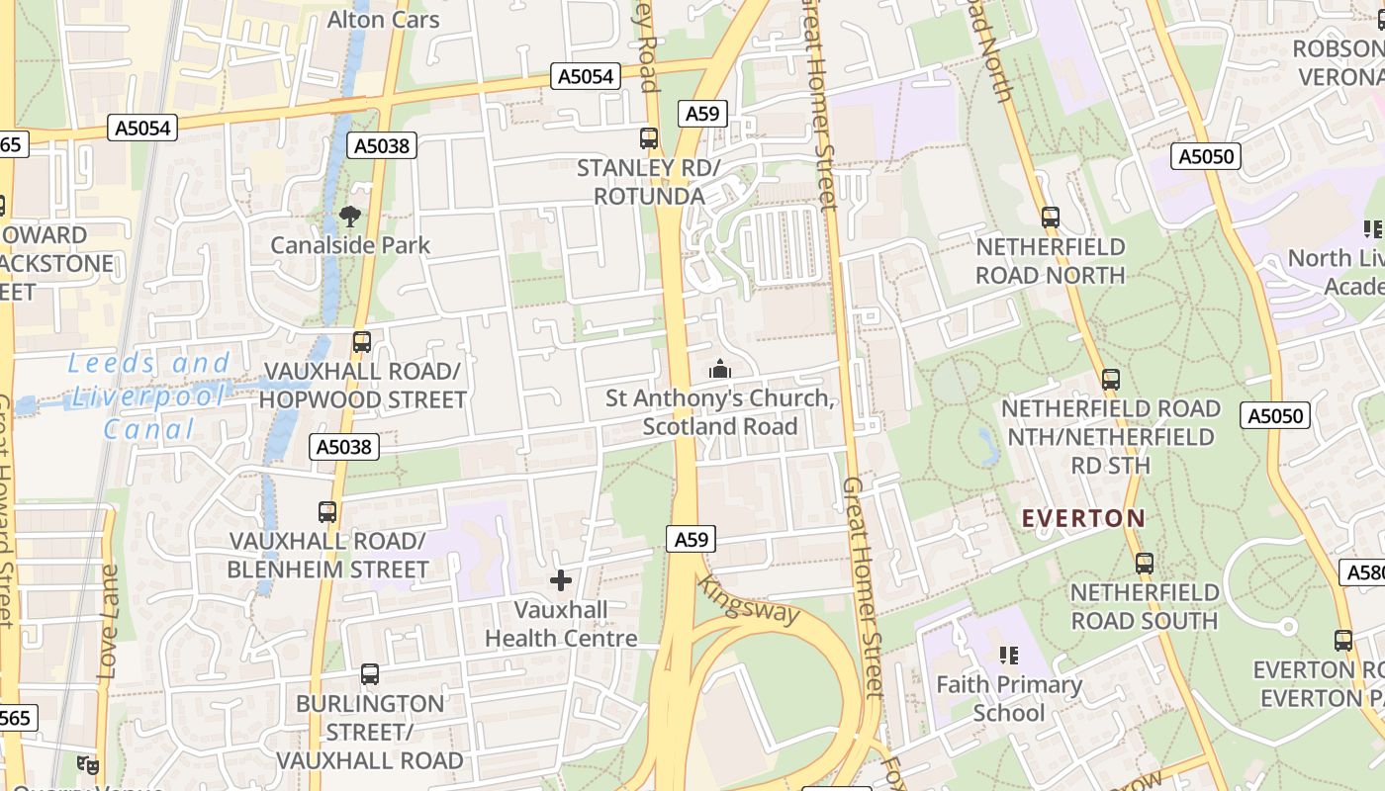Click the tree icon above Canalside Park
tap(349, 216)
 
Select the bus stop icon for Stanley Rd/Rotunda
tap(649, 138)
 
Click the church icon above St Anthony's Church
tap(720, 369)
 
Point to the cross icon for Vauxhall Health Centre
tap(561, 580)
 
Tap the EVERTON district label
tap(1083, 518)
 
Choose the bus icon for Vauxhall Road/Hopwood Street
tap(362, 342)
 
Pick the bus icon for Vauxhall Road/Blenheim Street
tap(327, 512)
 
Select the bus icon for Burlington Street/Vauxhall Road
tap(370, 674)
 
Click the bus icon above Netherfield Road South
tap(1145, 564)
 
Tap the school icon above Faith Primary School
tap(1009, 655)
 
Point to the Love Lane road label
tap(108, 622)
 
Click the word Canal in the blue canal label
tap(150, 429)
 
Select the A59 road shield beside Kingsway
tap(691, 539)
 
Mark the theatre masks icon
tap(89, 764)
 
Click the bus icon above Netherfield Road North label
tap(1051, 218)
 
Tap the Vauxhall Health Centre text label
tap(561, 624)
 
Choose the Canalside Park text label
tap(350, 245)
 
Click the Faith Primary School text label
tap(1009, 698)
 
